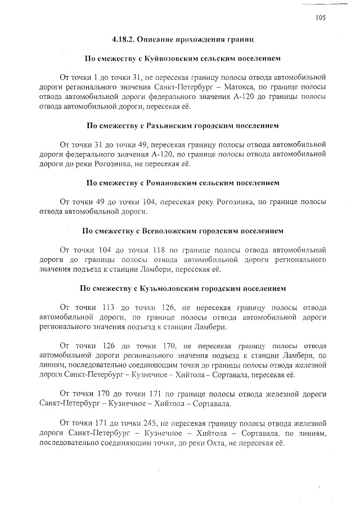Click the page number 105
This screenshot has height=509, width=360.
point(321,17)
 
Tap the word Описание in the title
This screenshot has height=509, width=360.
point(164,39)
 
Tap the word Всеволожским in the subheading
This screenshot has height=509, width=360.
point(169,231)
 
